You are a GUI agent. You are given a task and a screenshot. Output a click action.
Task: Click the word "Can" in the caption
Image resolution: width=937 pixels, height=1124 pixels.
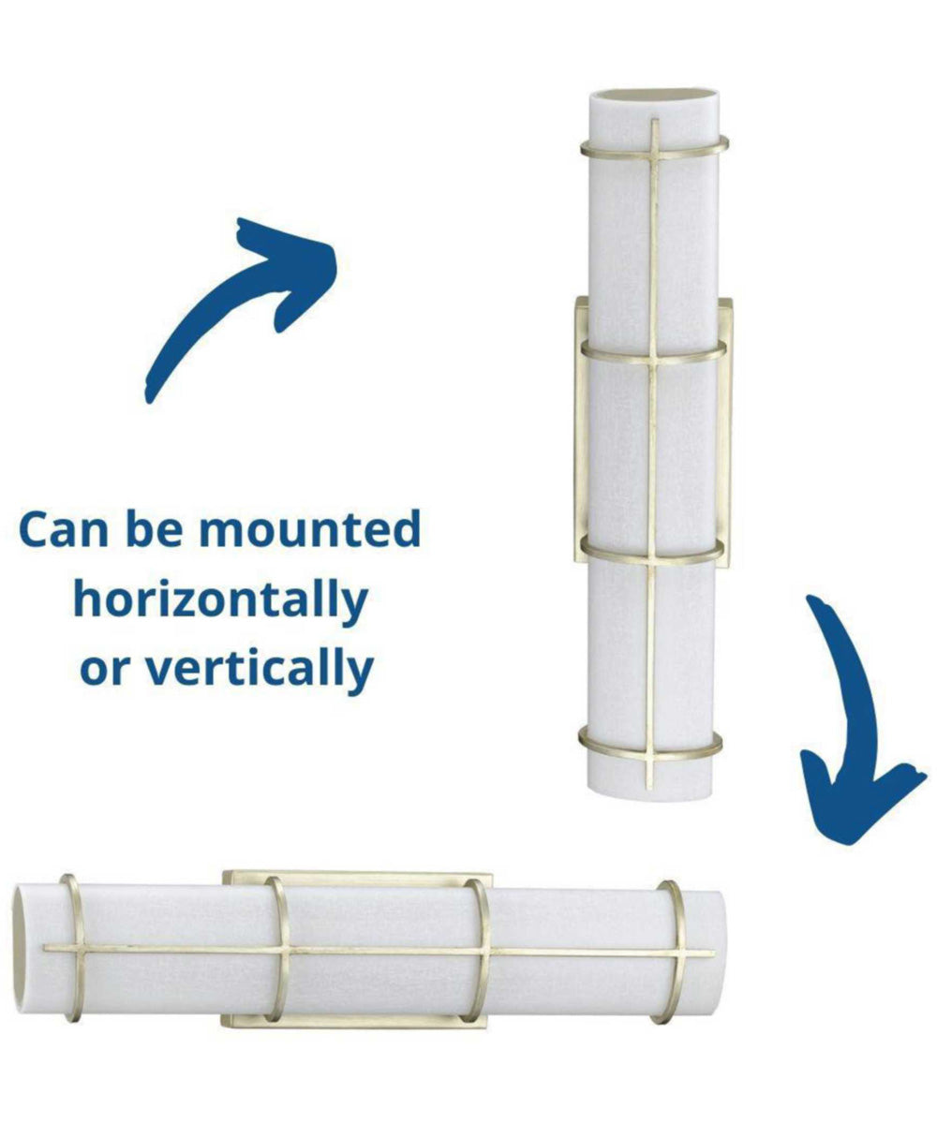pyautogui.click(x=64, y=530)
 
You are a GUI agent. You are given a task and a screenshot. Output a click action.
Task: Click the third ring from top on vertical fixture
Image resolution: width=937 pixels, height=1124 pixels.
pyautogui.click(x=652, y=546)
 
